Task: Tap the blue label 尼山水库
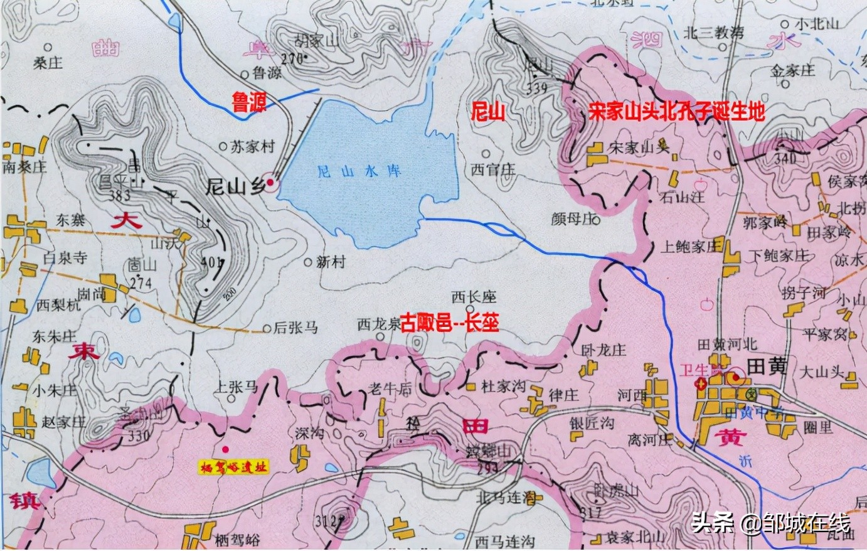click(x=359, y=170)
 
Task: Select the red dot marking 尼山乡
click(x=270, y=182)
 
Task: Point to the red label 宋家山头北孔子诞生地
click(x=677, y=113)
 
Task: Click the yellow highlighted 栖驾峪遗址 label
click(x=233, y=466)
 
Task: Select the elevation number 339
click(x=537, y=89)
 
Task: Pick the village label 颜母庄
click(x=572, y=219)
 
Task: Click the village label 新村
click(x=331, y=262)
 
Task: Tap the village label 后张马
click(x=296, y=327)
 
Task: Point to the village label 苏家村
click(x=253, y=147)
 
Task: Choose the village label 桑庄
click(x=48, y=63)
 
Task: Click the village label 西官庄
click(x=493, y=169)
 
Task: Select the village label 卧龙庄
click(x=604, y=350)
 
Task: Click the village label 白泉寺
click(x=65, y=257)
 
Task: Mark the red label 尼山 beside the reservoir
click(x=488, y=113)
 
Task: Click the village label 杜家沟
click(x=503, y=386)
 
